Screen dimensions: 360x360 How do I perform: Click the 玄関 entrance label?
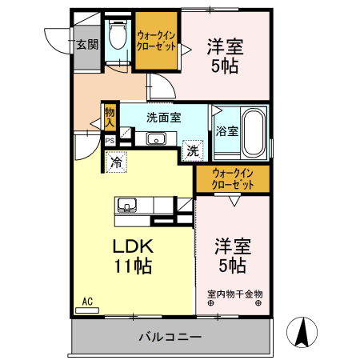(86, 44)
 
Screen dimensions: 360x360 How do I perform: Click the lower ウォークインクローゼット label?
(233, 178)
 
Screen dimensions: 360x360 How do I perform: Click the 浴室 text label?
(226, 132)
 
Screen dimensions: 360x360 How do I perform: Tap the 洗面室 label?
(163, 117)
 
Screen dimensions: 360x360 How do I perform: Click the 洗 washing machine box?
(192, 149)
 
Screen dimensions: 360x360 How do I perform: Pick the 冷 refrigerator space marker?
(117, 162)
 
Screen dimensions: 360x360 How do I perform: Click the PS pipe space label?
(110, 141)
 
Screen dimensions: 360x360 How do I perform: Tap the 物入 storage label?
(110, 118)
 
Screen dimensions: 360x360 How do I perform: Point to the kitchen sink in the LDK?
(127, 206)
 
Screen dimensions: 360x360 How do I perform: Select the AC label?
(87, 302)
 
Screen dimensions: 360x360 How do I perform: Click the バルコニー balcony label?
(170, 336)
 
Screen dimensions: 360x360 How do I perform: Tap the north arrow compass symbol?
(305, 333)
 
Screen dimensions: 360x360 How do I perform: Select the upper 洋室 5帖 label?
(225, 55)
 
